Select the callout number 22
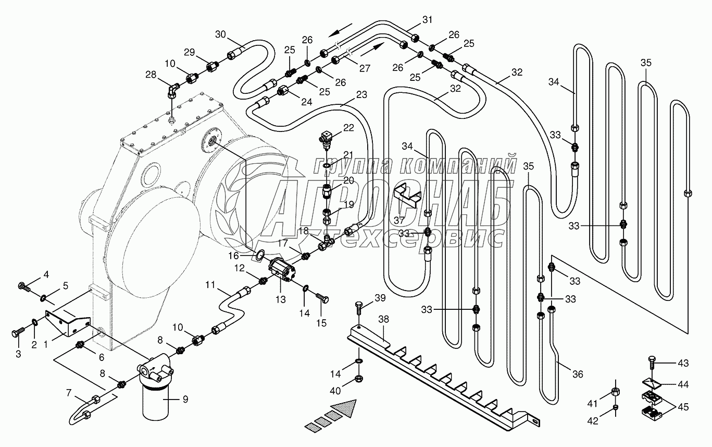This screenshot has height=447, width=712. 348,128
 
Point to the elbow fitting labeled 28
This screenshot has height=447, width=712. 171,91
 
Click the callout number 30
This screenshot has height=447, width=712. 220,34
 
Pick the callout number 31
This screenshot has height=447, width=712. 427,20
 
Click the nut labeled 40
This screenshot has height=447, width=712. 359,378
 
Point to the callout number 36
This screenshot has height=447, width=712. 577,374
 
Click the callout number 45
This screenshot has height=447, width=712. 683,405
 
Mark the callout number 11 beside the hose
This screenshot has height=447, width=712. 210,285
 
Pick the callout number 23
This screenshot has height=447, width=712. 361,95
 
